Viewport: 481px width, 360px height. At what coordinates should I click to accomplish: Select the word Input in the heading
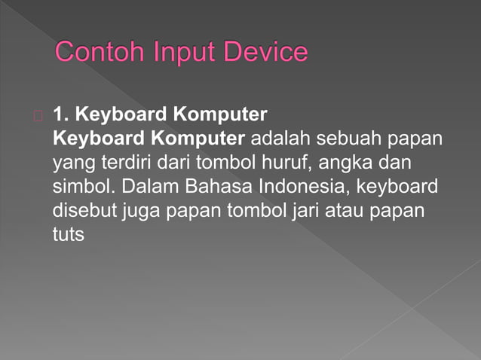click(x=179, y=53)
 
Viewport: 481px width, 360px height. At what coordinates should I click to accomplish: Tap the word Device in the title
click(x=262, y=53)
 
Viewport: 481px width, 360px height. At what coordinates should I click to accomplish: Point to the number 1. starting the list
click(x=61, y=115)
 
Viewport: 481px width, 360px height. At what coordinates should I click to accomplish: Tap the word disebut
click(x=82, y=209)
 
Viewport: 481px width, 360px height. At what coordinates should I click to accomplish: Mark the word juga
click(x=139, y=211)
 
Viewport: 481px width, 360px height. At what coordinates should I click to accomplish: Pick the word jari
click(x=302, y=209)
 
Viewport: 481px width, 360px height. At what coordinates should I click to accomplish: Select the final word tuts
click(x=67, y=233)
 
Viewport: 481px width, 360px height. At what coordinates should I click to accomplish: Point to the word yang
click(x=69, y=163)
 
